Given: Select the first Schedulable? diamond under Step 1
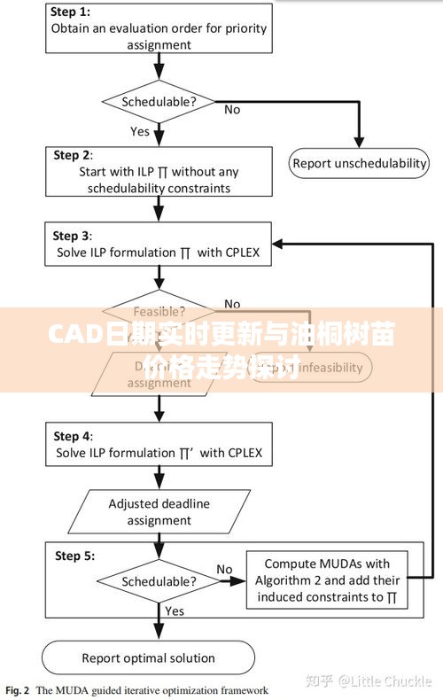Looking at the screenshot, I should click(159, 101).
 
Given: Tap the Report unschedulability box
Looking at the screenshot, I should click(360, 163).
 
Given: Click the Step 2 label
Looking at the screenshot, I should click(72, 155).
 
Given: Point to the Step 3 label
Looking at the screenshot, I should click(72, 236).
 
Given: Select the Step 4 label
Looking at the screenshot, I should click(72, 436).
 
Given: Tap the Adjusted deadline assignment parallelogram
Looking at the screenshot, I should click(159, 512).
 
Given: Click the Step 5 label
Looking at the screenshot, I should click(72, 556).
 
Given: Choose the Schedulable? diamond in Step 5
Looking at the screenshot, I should click(159, 581).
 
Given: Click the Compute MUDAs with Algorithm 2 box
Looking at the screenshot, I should click(327, 580).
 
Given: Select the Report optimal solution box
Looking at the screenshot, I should click(149, 657).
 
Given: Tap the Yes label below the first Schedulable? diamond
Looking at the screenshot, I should click(140, 131).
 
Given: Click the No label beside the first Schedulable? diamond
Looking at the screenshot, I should click(232, 109).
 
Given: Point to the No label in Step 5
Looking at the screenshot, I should click(224, 569).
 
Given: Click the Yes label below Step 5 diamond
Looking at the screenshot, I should click(175, 611).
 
